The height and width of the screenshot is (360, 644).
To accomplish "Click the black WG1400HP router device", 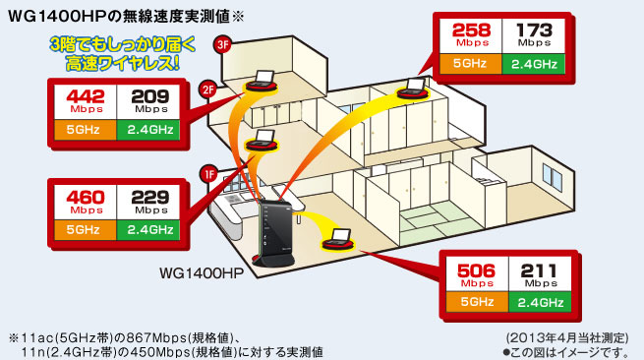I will coord(275,231).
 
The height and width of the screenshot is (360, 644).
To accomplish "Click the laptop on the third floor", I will coord(264,79).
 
